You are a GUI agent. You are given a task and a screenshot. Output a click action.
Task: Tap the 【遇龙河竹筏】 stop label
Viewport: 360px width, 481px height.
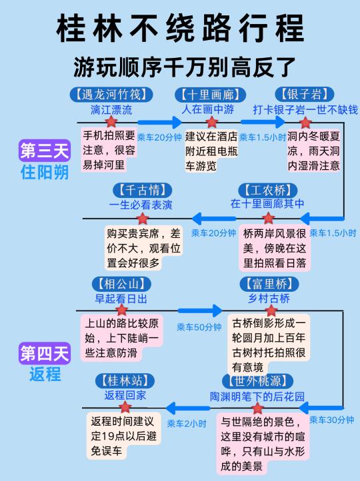(x=111, y=94)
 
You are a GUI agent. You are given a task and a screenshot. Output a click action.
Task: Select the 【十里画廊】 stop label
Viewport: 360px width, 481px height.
(x=210, y=95)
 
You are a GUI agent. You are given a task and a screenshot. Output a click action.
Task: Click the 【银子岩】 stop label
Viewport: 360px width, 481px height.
(x=305, y=94)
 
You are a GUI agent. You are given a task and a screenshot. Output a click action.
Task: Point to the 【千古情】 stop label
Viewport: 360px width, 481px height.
(x=142, y=190)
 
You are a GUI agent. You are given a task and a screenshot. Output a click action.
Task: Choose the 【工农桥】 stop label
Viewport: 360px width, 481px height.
(x=268, y=190)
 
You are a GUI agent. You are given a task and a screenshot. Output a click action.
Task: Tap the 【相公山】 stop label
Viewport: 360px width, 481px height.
(x=121, y=284)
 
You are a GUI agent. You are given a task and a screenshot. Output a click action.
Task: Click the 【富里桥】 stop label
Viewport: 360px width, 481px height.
(x=269, y=284)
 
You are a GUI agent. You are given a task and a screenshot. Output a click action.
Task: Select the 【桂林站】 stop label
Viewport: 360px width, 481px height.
(x=125, y=380)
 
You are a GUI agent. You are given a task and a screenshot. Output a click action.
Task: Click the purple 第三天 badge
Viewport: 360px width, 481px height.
(x=45, y=151)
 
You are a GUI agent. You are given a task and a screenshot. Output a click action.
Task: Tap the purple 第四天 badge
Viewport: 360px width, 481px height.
(x=45, y=353)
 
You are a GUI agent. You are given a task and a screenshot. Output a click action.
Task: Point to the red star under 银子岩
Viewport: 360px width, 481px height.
(x=305, y=123)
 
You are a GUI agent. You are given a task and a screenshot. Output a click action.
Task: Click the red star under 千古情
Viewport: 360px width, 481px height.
(x=143, y=219)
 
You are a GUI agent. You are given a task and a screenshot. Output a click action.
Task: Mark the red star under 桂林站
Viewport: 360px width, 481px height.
(x=125, y=407)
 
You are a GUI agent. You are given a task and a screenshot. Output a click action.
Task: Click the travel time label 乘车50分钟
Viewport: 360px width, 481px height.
(x=199, y=327)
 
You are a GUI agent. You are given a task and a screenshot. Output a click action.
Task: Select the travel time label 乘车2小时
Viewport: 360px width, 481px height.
(x=186, y=424)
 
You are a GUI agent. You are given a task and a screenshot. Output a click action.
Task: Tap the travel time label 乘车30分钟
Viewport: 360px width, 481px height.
(x=332, y=420)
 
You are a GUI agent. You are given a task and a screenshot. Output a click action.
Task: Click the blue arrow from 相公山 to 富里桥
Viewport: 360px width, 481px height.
(x=200, y=310)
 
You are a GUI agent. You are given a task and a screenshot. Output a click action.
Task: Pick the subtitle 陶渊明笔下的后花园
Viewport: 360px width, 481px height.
(x=257, y=396)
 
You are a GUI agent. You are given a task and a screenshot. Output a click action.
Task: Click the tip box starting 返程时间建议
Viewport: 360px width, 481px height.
(x=124, y=436)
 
